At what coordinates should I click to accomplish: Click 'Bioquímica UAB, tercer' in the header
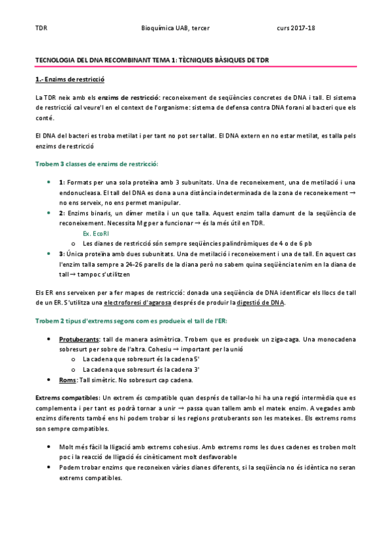(176, 29)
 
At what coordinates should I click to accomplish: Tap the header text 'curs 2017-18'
(296, 29)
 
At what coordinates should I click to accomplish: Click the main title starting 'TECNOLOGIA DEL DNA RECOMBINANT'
(151, 60)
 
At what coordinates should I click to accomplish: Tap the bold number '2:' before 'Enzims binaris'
(62, 213)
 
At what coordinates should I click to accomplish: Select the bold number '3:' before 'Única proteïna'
(62, 253)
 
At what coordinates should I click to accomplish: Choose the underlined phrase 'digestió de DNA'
(260, 303)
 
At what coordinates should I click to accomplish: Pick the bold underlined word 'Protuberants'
(79, 340)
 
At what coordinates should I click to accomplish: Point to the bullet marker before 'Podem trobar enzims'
(50, 468)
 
